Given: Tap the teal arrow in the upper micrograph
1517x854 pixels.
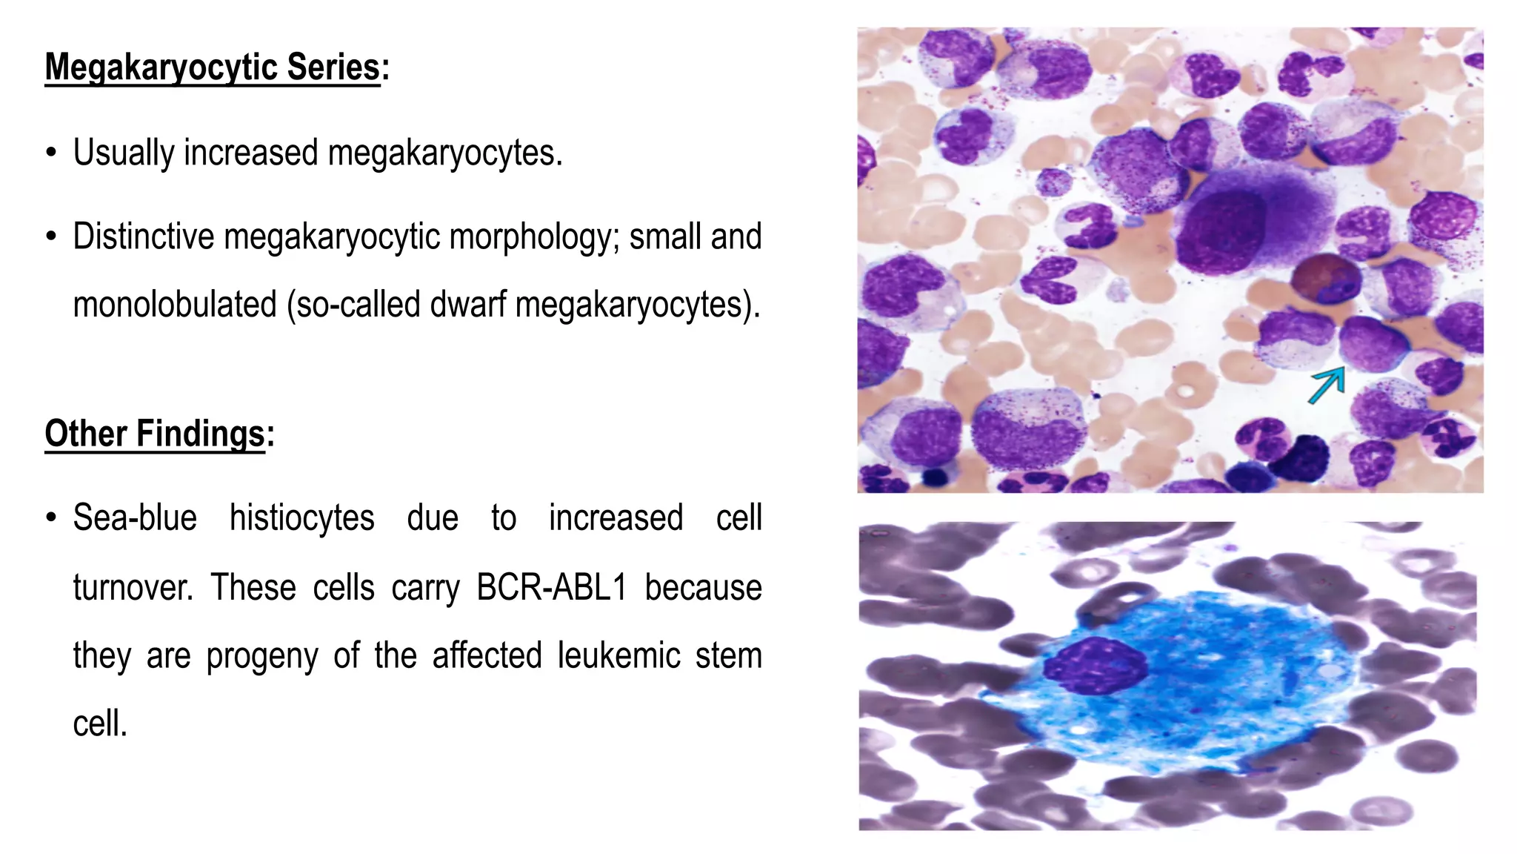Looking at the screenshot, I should click(x=1327, y=385).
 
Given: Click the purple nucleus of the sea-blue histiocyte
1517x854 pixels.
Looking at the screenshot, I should click(x=1096, y=665).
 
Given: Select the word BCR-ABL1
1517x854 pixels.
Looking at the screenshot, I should click(x=551, y=588).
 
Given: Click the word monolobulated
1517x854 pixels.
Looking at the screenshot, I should click(x=175, y=305).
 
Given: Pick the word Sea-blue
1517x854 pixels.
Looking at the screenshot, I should click(x=135, y=518).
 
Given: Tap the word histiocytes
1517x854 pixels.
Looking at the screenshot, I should click(x=301, y=518).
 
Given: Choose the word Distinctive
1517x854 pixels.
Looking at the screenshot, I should click(x=144, y=237).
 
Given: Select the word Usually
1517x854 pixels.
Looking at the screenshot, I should click(x=123, y=153).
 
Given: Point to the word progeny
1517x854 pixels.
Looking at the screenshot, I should click(x=261, y=656).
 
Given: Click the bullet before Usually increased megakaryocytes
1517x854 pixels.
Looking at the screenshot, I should click(x=50, y=153).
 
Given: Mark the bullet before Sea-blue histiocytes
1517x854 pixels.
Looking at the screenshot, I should click(x=50, y=518).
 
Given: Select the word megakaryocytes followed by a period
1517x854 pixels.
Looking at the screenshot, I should click(x=444, y=153).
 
